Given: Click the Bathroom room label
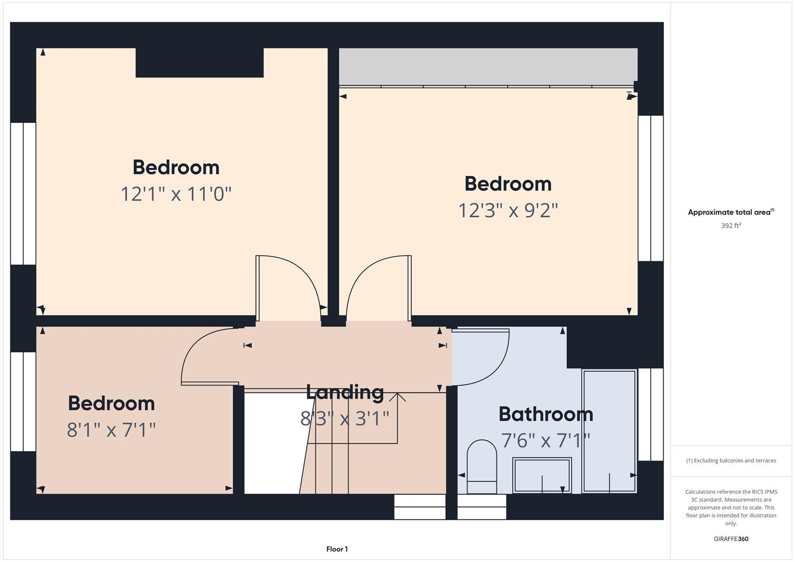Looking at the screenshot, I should pyautogui.click(x=546, y=414).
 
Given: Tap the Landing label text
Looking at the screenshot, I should pyautogui.click(x=345, y=392).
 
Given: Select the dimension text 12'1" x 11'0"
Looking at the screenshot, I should pyautogui.click(x=176, y=194).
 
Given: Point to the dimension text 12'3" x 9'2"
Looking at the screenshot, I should pyautogui.click(x=508, y=211).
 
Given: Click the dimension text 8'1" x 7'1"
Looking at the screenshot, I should pyautogui.click(x=111, y=430).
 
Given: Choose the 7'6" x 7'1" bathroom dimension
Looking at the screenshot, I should pyautogui.click(x=546, y=441).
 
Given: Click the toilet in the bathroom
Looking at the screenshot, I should pyautogui.click(x=482, y=466).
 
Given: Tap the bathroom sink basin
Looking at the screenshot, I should pyautogui.click(x=542, y=475).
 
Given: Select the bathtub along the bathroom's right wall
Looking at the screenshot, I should pyautogui.click(x=609, y=430).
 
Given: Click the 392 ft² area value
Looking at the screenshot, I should pyautogui.click(x=730, y=226).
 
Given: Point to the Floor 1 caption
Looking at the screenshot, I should pyautogui.click(x=337, y=549).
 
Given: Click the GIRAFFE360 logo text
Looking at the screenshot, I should pyautogui.click(x=730, y=539).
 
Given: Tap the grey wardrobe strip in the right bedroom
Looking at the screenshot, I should pyautogui.click(x=488, y=67).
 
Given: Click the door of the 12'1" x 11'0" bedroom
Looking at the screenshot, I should pyautogui.click(x=289, y=286).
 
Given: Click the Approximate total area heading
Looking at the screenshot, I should pyautogui.click(x=730, y=212).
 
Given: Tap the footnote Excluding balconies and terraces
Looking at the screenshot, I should pyautogui.click(x=730, y=461).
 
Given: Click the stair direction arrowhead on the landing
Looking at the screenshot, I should pyautogui.click(x=398, y=397).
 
